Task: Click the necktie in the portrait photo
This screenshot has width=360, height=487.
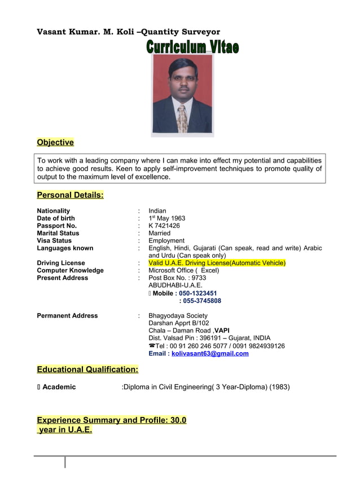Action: pos(182,119)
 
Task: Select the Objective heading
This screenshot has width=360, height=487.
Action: pos(55,142)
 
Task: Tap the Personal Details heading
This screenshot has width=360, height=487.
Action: pos(70,195)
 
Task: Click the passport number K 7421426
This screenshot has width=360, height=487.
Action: pos(164,226)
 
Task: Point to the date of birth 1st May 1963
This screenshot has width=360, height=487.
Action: pos(166,218)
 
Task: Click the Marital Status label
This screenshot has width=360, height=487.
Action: pos(58,233)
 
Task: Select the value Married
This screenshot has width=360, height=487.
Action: pos(159,233)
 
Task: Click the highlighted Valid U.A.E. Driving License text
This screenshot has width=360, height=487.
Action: pos(217,263)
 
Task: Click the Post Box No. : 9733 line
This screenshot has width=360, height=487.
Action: pos(177,278)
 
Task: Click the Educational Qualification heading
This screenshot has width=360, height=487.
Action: pos(87,370)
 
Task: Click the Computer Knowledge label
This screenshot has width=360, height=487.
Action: pos(70,270)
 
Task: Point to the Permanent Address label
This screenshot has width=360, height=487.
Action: pos(67,315)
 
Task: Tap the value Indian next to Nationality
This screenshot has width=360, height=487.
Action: pos(157,211)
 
